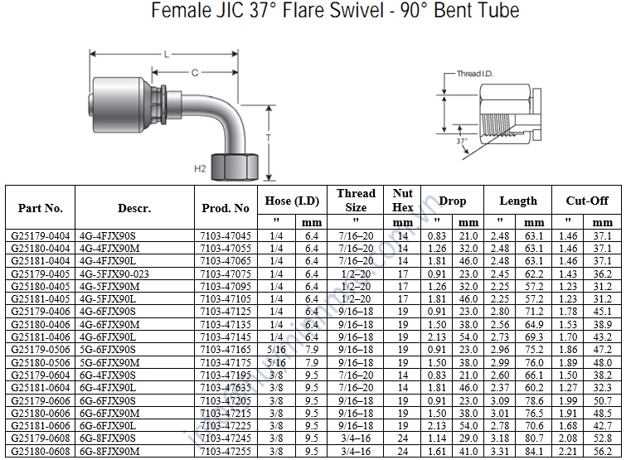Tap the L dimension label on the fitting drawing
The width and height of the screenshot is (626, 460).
coord(167,54)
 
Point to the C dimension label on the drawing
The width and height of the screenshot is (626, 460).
coord(194,72)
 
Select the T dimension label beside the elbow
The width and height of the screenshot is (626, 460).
coord(269,137)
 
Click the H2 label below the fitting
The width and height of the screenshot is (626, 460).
coord(200,168)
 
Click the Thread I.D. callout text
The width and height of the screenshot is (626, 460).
coord(475,74)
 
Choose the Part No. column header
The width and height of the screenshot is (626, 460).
coord(40,208)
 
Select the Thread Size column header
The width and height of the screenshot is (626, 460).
coord(356,201)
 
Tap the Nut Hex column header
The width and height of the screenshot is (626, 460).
coord(403,201)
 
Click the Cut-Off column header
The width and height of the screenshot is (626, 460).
coord(587,201)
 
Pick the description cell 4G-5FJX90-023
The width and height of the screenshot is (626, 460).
coord(114,273)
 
